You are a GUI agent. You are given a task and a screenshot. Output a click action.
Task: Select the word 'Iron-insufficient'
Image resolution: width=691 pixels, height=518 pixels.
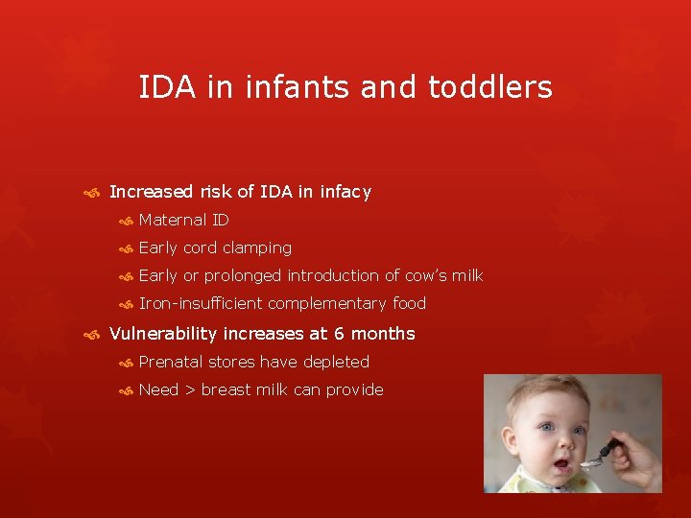click(x=201, y=303)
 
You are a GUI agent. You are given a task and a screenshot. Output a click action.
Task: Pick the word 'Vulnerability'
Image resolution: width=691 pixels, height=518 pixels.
click(x=163, y=334)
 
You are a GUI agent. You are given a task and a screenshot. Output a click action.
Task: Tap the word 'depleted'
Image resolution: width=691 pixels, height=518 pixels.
click(x=337, y=362)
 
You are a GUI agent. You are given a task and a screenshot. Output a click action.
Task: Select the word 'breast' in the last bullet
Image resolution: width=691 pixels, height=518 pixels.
click(x=226, y=389)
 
